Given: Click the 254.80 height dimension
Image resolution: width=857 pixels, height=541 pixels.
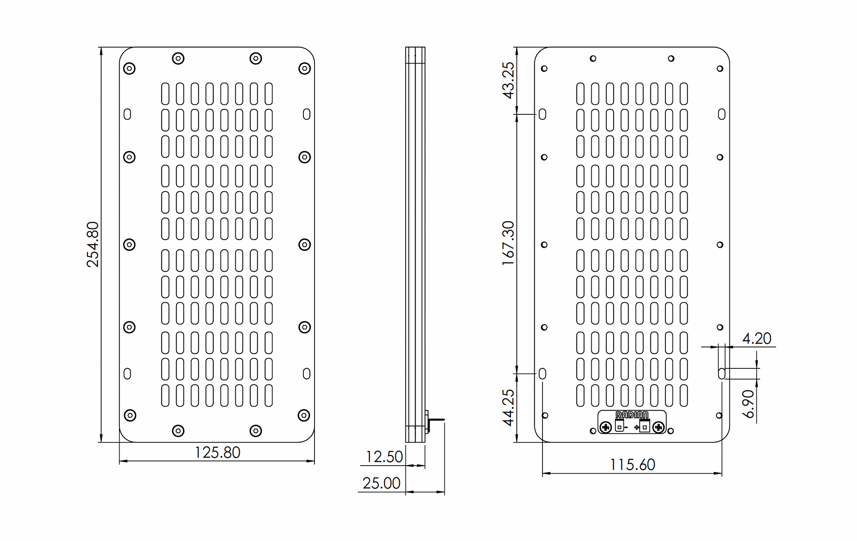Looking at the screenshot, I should tap(93, 245).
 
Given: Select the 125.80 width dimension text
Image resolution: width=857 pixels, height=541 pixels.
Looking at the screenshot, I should tap(217, 453).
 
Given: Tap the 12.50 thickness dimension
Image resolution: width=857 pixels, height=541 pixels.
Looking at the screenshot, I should tap(384, 457).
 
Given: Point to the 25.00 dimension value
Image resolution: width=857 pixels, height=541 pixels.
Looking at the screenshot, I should tap(381, 483).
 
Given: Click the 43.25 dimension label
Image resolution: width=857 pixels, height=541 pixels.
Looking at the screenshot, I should tap(508, 81).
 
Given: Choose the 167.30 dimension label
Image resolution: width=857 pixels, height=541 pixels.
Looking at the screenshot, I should tap(508, 243).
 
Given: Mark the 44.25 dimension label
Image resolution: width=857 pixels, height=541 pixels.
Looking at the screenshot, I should tap(508, 407).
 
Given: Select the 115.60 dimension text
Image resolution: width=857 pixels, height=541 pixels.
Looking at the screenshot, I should tap(632, 465).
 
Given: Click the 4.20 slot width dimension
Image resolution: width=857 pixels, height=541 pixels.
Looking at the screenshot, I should tap(756, 339).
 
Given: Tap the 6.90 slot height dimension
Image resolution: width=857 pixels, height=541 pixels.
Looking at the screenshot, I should tap(748, 404).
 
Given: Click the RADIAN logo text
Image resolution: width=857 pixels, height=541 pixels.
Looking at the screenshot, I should tap(632, 415).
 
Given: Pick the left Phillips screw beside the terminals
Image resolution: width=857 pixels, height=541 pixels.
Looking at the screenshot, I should tap(605, 427).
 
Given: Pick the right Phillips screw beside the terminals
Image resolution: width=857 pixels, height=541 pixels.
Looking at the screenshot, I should tap(659, 427).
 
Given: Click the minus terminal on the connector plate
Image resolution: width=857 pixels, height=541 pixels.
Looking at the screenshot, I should tap(620, 426).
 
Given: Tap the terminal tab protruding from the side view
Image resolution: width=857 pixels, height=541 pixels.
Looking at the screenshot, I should tap(435, 420).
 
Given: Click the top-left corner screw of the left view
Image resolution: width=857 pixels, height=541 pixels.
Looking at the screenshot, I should tap(129, 69).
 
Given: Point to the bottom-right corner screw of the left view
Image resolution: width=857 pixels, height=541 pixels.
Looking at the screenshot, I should tap(304, 415).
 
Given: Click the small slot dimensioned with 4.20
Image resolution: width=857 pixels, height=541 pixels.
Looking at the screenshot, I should tap(722, 374).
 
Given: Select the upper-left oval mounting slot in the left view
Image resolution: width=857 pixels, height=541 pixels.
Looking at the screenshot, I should tap(127, 114).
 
